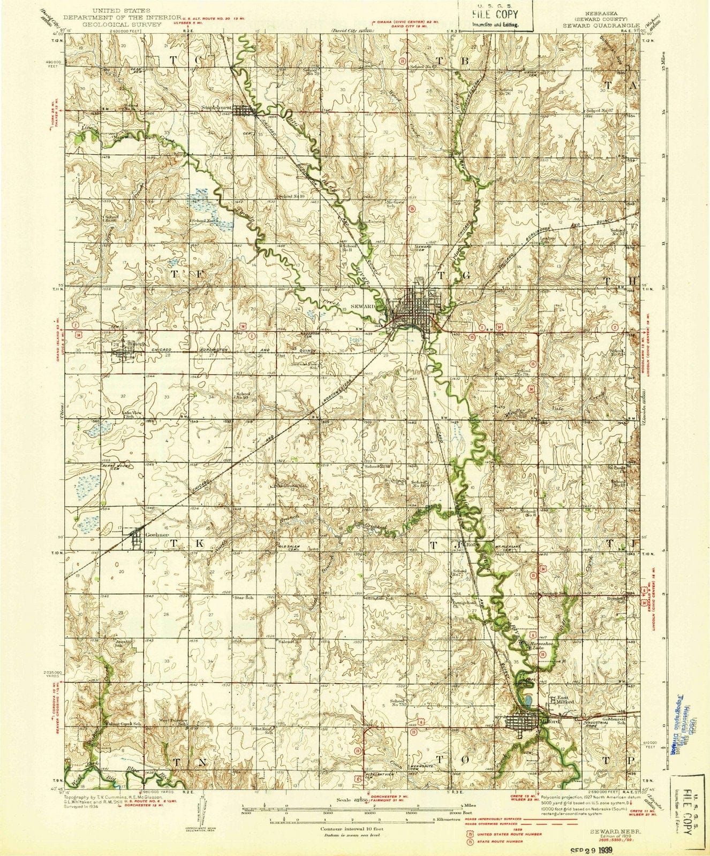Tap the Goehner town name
(143, 535)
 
